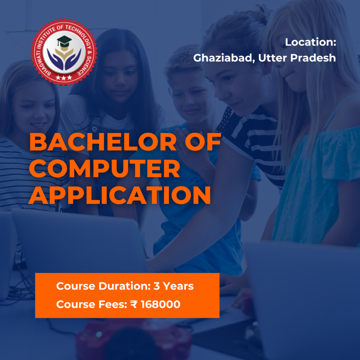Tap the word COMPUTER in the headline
pyautogui.click(x=104, y=169)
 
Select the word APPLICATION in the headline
pyautogui.click(x=120, y=196)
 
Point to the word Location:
pyautogui.click(x=310, y=42)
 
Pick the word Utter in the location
pyautogui.click(x=273, y=58)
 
